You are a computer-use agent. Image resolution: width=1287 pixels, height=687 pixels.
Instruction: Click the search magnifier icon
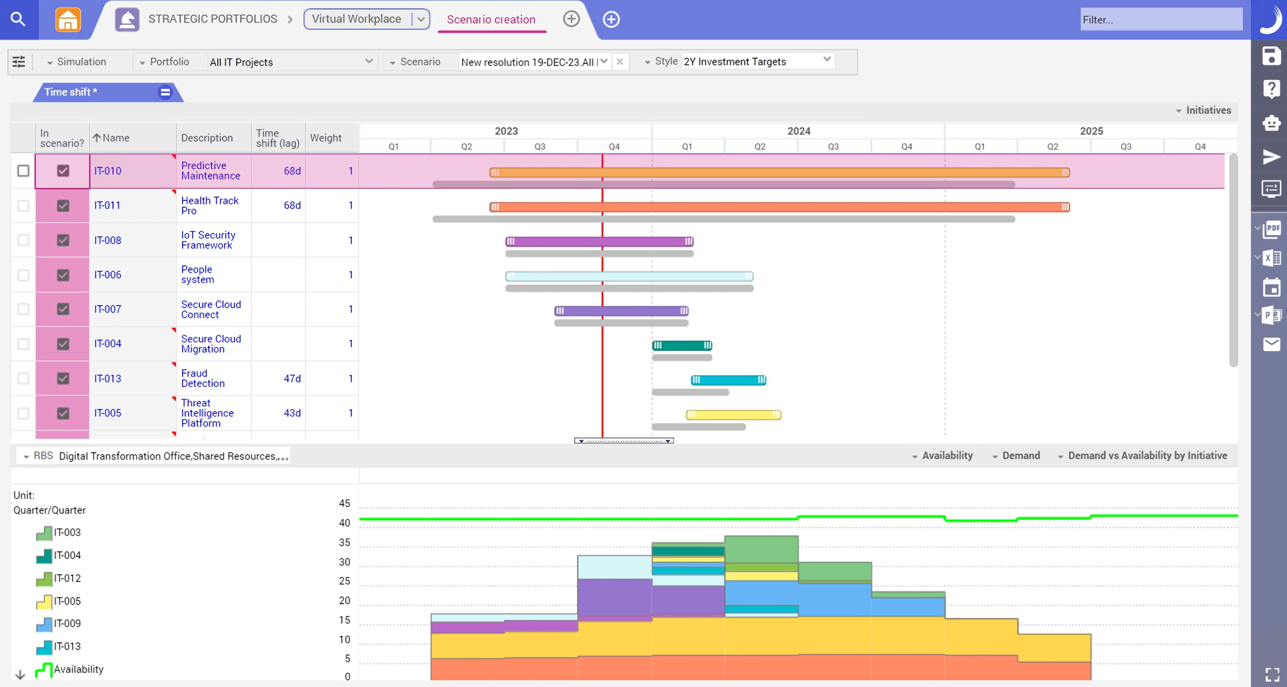pos(18,19)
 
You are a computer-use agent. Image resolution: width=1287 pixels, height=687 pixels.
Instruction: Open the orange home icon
pos(68,20)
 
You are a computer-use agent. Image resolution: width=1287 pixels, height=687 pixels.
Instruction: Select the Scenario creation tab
pos(490,19)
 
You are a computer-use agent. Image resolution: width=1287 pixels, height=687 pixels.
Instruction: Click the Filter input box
pos(1160,20)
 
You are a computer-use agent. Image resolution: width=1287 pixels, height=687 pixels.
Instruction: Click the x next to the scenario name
pos(620,62)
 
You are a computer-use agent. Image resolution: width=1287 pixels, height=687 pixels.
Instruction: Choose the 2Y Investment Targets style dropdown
pos(757,61)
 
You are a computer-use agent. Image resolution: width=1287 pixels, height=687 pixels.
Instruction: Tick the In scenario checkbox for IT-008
pos(63,240)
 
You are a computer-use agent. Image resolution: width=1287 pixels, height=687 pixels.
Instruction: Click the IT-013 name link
pos(107,378)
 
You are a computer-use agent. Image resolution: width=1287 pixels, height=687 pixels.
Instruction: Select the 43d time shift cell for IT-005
pos(292,413)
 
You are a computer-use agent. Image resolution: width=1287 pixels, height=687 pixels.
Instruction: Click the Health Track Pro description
pos(209,205)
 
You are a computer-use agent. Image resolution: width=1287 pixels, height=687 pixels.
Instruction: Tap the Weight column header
pos(325,138)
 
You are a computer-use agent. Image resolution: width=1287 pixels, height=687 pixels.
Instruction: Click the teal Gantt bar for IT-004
pos(682,345)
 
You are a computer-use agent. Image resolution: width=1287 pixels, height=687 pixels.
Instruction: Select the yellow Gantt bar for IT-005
pos(733,415)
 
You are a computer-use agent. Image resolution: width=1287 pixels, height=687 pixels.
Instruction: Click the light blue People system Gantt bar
pos(629,276)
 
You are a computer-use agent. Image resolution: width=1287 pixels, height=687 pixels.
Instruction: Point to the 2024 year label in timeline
pos(798,131)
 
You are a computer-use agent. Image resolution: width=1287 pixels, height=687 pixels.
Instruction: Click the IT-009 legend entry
pos(67,623)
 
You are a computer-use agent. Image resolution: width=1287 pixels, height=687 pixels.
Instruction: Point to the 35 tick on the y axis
pos(344,542)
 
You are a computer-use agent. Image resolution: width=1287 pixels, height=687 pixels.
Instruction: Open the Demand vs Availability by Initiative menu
pos(1147,455)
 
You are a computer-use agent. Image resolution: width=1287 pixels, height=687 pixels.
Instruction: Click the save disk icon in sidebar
pos(1271,56)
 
